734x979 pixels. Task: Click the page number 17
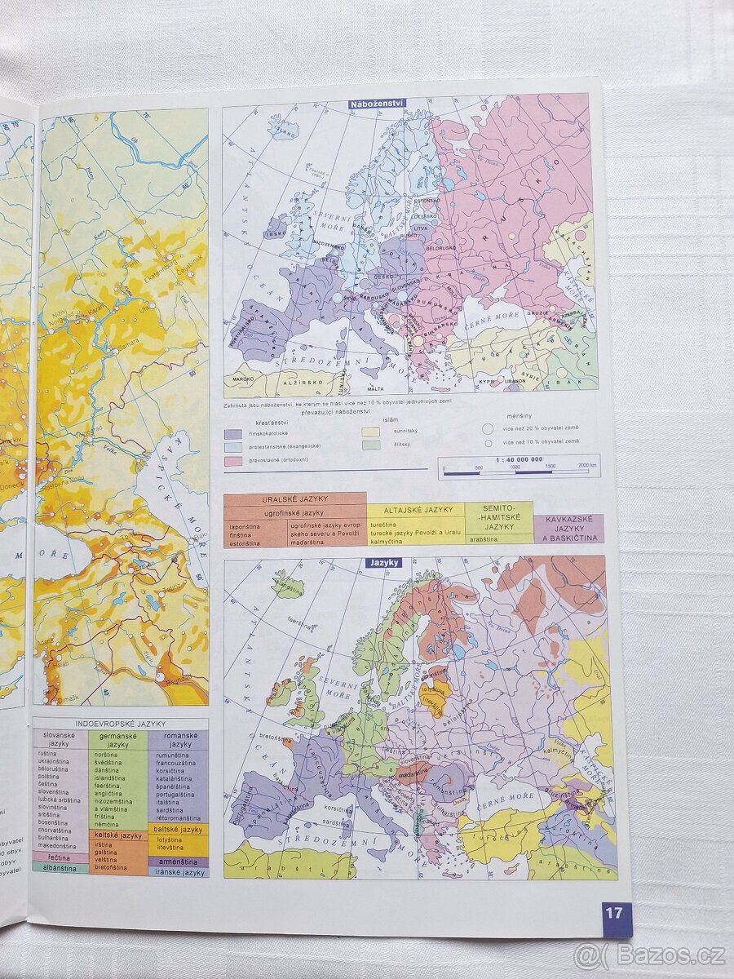pyautogui.click(x=613, y=912)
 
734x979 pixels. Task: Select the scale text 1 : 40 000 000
pyautogui.click(x=519, y=460)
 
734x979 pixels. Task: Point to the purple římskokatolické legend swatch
pyautogui.click(x=233, y=433)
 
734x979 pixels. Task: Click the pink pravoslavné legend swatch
pyautogui.click(x=233, y=461)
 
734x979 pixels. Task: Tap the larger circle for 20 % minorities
pyautogui.click(x=488, y=427)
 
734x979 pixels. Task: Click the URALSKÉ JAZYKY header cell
pyautogui.click(x=294, y=499)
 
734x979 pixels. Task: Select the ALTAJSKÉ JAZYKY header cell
pyautogui.click(x=415, y=510)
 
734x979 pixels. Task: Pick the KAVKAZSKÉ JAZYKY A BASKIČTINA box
pyautogui.click(x=568, y=528)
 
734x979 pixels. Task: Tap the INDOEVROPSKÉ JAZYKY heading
pyautogui.click(x=120, y=724)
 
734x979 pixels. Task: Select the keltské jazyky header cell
pyautogui.click(x=118, y=835)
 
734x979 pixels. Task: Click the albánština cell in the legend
pyautogui.click(x=61, y=868)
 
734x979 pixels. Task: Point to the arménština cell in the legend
pyautogui.click(x=178, y=862)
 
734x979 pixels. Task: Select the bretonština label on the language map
pyautogui.click(x=261, y=737)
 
